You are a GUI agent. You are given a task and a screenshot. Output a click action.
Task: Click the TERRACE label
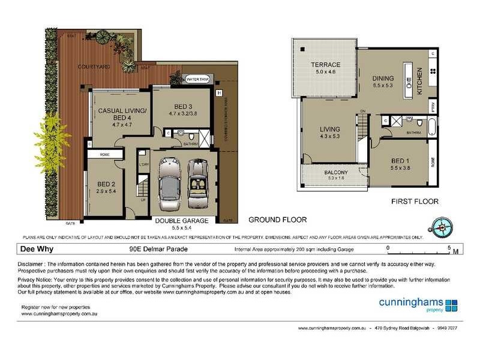tap(325, 65)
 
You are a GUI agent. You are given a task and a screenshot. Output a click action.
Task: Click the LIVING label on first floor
tap(330, 129)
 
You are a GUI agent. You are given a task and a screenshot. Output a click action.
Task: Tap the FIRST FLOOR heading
tap(415, 202)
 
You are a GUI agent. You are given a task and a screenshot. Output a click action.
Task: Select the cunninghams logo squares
tap(451, 305)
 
